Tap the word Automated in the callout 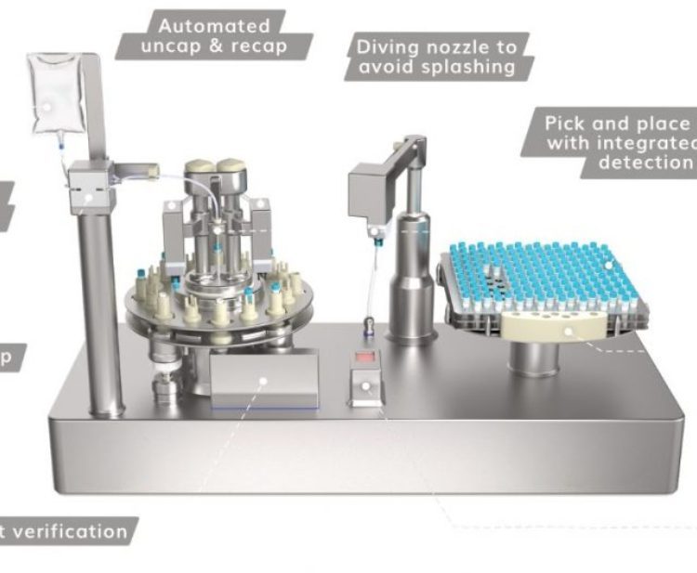tap(201, 26)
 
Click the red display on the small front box tap(364, 358)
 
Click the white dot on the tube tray tap(611, 266)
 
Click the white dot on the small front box tap(366, 384)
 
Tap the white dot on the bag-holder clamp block tap(87, 197)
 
